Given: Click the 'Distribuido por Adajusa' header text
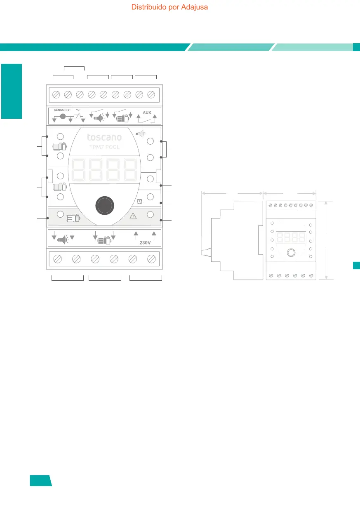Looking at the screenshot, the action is [x=169, y=7].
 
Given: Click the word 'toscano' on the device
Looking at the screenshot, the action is [x=104, y=137].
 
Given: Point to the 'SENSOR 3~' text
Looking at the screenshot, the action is [x=63, y=110].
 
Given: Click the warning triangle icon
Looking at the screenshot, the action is [x=133, y=216].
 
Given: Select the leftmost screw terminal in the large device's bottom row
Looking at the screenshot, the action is [x=58, y=259].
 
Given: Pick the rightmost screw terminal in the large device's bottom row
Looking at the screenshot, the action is [x=151, y=259].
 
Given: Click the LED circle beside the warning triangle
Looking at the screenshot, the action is [x=150, y=214].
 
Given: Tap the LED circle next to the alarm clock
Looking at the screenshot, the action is [x=150, y=197].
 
